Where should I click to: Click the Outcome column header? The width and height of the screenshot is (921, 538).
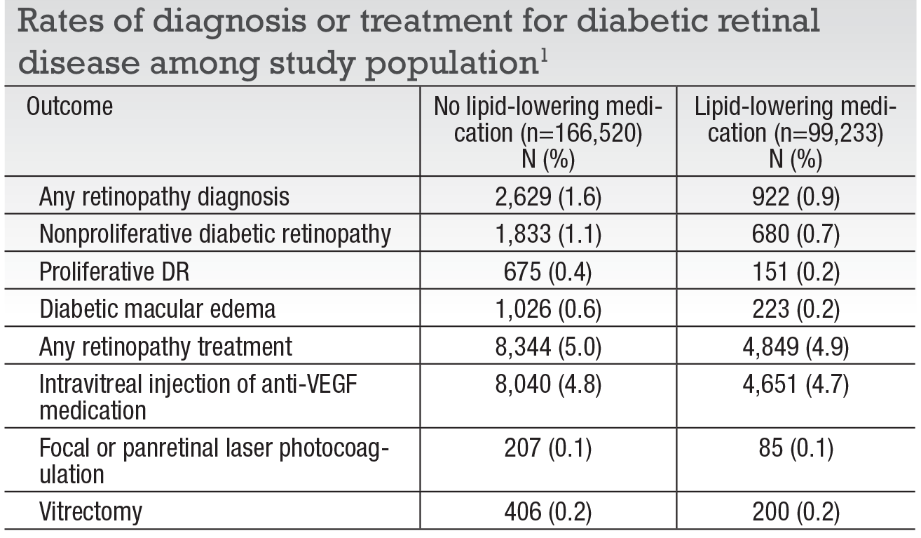[69, 107]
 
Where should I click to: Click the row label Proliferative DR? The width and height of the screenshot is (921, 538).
[114, 271]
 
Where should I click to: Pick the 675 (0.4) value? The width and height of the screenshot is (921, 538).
[547, 271]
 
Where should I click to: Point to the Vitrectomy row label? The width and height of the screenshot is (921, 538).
[90, 513]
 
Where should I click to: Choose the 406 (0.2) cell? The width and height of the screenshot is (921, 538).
[547, 513]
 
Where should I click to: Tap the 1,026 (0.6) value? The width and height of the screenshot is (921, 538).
[547, 309]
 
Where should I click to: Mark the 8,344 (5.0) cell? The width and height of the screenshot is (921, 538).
[547, 346]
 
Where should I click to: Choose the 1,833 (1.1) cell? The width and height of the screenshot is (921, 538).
[547, 234]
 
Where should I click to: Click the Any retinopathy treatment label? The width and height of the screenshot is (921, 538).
[165, 346]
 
